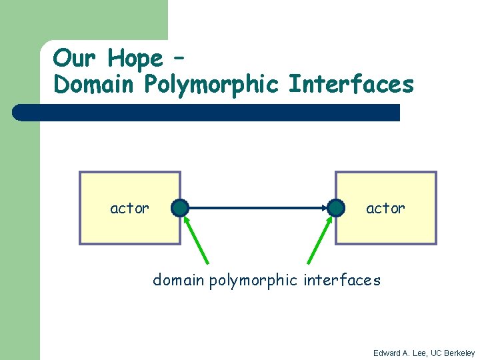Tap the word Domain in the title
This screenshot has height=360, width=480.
[x=91, y=85]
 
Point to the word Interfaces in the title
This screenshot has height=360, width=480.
[x=351, y=85]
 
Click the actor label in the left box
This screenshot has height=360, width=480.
[x=129, y=209]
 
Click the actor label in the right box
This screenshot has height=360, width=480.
[x=385, y=209]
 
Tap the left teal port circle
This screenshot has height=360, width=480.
[x=180, y=208]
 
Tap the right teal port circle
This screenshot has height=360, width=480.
[x=335, y=208]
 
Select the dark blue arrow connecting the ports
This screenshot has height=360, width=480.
[x=257, y=208]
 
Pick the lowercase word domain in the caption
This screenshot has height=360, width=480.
[x=178, y=280]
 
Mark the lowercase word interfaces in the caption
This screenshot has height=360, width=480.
[x=343, y=280]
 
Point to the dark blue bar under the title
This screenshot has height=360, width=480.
[x=207, y=113]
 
